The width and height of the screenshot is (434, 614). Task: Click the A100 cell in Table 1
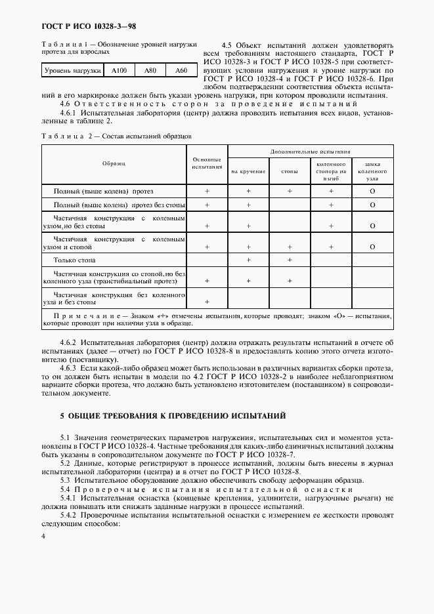119,70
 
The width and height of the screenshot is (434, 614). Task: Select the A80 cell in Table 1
150,70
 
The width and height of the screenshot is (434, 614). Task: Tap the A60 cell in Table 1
181,70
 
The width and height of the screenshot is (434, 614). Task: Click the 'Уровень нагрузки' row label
73,70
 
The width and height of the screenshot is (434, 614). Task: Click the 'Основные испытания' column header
207,163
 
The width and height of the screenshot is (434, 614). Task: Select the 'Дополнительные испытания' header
310,151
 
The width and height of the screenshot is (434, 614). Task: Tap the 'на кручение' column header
248,171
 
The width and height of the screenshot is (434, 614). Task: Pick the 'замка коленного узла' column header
372,171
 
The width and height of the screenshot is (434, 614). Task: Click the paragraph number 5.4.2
69,516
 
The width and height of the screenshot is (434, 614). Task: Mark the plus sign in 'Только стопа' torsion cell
249,261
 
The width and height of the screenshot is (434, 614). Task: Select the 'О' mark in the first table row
372,191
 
